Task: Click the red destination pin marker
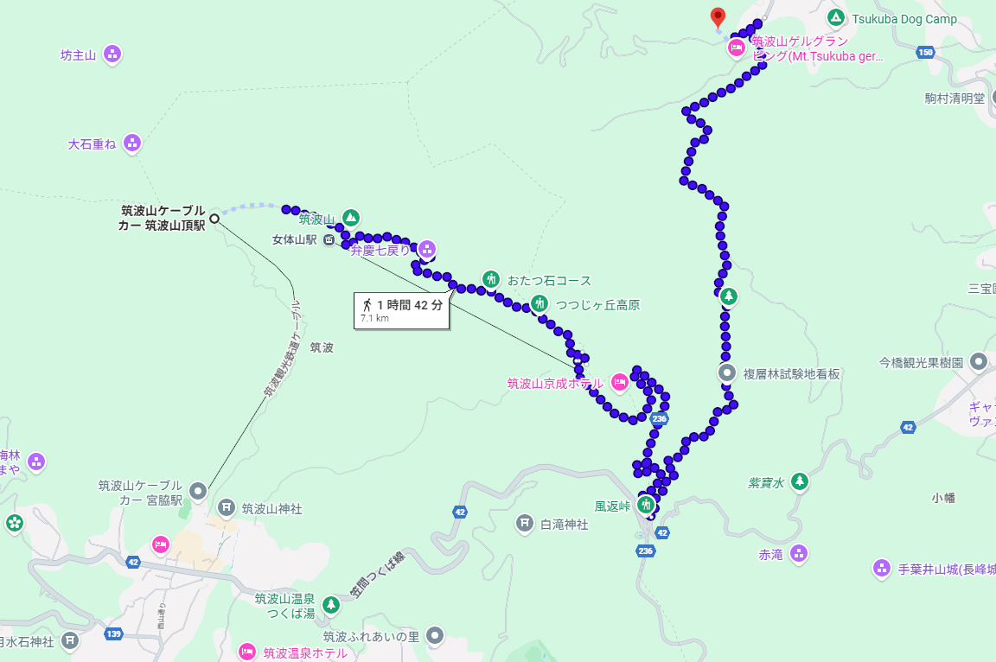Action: (718, 16)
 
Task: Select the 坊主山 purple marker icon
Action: (112, 55)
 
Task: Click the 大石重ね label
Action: (92, 143)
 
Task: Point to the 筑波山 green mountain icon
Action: (350, 217)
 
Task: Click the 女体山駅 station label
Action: (296, 239)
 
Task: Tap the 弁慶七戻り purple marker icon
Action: (425, 249)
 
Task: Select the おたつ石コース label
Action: (549, 280)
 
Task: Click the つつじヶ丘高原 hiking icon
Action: (539, 303)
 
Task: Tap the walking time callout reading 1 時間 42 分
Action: (403, 305)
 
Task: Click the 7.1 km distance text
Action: (374, 319)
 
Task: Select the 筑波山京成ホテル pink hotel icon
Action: (619, 381)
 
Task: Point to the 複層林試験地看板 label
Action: (791, 374)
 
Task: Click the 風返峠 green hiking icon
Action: (646, 505)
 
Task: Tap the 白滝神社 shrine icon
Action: (524, 523)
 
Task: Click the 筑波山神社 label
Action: (271, 509)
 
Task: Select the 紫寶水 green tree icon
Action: (800, 481)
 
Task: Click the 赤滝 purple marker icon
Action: (799, 553)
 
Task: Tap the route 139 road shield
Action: (113, 634)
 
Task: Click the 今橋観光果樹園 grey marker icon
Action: (979, 361)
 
